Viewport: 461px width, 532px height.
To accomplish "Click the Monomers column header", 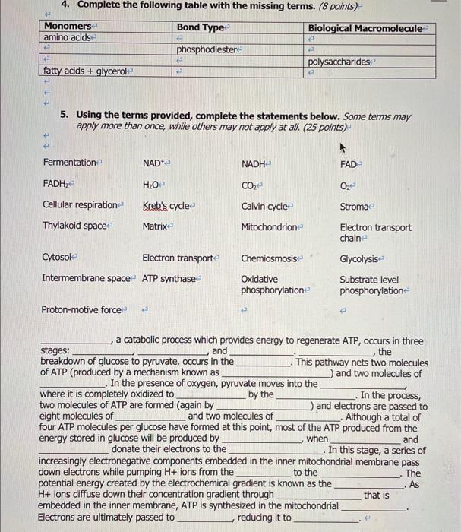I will pos(67,27).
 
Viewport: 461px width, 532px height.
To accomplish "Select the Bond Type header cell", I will pos(199,27).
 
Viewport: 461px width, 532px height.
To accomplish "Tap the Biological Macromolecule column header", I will pos(367,28).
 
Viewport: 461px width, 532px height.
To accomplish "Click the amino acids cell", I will pos(67,37).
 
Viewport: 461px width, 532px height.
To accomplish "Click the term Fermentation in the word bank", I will pos(71,163).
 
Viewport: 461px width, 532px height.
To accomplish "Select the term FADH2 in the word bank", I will pos(58,184).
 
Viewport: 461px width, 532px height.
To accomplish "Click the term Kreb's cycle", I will pos(167,205).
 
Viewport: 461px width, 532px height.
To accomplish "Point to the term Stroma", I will pos(355,205).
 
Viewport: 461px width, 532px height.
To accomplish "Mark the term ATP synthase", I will pos(169,279).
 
